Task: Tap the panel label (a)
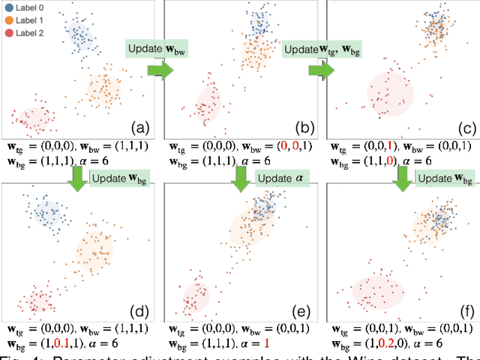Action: tap(139, 126)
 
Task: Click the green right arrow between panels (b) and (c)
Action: tap(320, 70)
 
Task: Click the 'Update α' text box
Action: tap(283, 178)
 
